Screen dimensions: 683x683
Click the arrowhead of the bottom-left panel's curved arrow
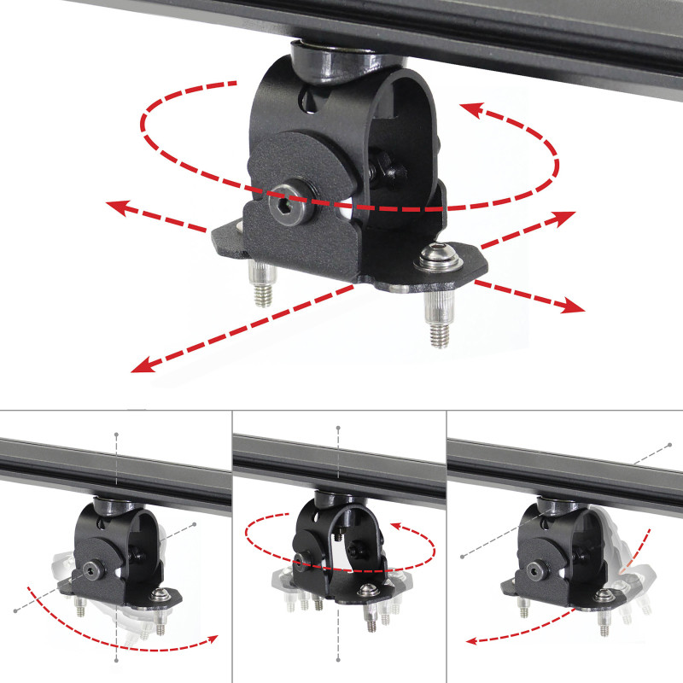coord(213,639)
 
